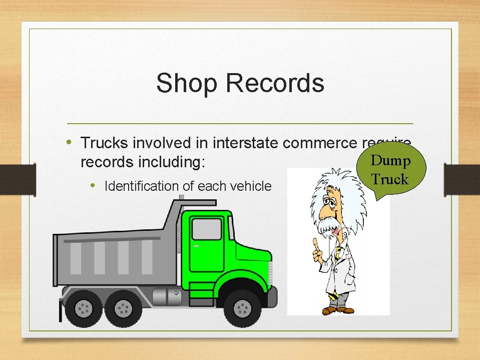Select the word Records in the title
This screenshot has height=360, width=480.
click(275, 83)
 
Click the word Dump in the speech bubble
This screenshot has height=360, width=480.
click(391, 161)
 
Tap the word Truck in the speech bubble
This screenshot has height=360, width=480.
click(390, 179)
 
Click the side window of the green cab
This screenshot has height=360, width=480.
click(206, 229)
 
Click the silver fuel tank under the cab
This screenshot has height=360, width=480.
click(167, 296)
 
